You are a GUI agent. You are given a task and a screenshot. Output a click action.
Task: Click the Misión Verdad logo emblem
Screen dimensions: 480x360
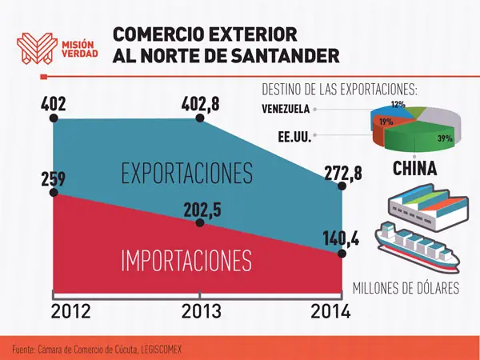(x=37, y=48)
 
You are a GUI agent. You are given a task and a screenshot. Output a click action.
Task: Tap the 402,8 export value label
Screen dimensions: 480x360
(x=201, y=104)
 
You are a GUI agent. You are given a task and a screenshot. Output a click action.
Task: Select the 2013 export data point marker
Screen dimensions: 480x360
(x=199, y=118)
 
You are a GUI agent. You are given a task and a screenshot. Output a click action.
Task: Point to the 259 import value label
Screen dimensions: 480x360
(x=54, y=179)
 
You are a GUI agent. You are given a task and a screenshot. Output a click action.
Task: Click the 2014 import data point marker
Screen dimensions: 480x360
(x=342, y=254)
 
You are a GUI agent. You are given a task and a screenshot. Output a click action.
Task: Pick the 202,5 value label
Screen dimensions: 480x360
(x=202, y=210)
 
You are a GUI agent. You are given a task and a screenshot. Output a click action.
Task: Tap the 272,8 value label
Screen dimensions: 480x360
(x=343, y=174)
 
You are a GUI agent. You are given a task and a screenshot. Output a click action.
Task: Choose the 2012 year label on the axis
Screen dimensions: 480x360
(x=70, y=311)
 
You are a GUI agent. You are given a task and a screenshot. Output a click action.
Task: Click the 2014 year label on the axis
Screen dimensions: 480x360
(x=330, y=311)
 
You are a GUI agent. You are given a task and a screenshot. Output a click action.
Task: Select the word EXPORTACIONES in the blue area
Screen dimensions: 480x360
(x=187, y=174)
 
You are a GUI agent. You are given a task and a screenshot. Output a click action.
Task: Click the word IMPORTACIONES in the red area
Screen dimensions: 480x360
(x=186, y=261)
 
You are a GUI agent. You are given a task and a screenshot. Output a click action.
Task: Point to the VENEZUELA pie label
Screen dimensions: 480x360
(x=286, y=109)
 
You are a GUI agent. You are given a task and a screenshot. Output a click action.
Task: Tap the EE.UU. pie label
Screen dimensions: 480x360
(x=294, y=137)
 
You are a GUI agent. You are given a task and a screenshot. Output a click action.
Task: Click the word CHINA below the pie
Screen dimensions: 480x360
(x=414, y=168)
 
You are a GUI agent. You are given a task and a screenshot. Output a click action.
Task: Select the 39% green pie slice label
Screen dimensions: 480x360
(x=445, y=138)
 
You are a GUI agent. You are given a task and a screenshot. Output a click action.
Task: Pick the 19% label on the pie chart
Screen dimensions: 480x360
(x=386, y=122)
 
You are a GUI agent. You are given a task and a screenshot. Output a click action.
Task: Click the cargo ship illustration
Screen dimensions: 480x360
(x=418, y=246)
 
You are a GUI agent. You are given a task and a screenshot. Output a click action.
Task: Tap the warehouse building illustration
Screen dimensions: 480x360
(x=428, y=207)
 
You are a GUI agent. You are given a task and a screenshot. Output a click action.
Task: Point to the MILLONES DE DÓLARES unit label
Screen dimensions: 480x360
(x=406, y=288)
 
